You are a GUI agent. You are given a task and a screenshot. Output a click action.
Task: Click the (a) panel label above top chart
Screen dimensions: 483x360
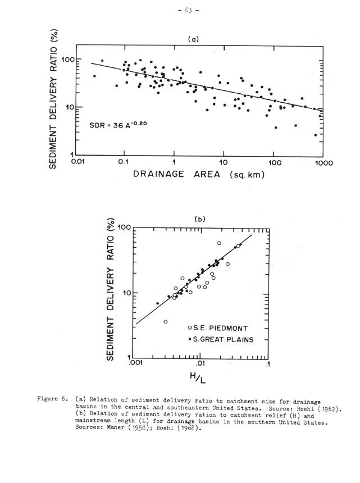coord(193,40)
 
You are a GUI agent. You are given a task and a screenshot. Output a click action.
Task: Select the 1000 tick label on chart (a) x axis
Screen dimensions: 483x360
coord(324,163)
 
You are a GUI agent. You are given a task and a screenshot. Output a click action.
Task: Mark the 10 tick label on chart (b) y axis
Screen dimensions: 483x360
coord(124,293)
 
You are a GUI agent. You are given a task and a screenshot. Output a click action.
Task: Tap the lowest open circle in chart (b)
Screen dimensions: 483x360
coord(166,322)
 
